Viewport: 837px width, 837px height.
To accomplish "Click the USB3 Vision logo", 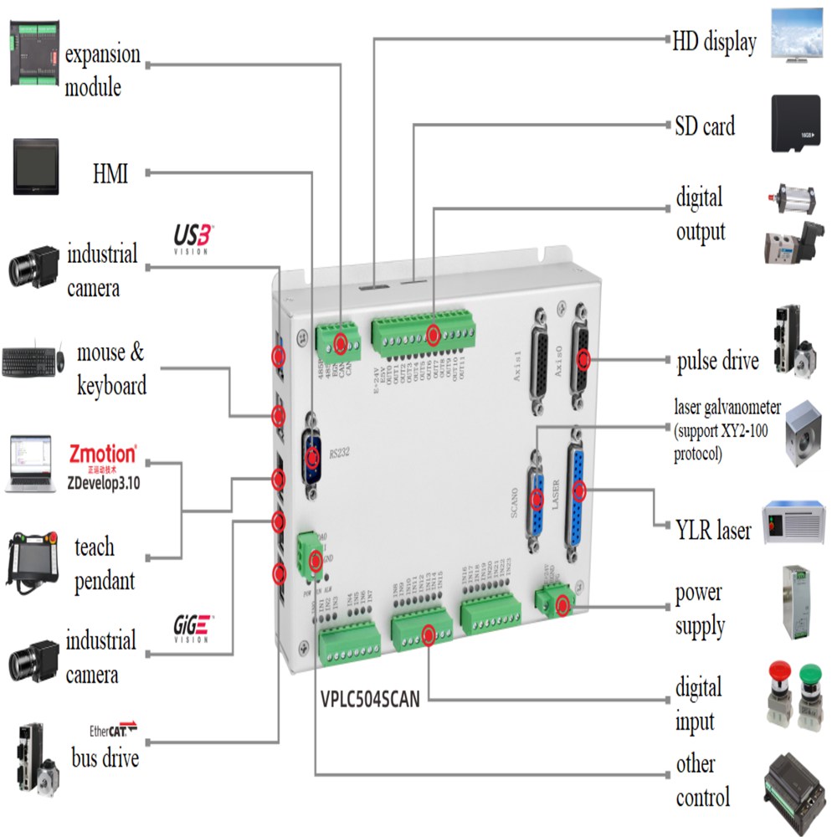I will coord(194,238).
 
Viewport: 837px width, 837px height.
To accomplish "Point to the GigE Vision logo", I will coord(193,629).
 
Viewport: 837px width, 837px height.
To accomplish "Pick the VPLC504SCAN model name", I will coord(370,696).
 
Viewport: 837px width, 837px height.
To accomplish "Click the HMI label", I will coord(110,174).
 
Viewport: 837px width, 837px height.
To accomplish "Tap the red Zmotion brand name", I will coord(102,454).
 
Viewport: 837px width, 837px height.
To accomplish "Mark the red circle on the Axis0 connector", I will coord(583,361).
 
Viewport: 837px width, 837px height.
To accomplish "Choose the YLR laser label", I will coord(713,529).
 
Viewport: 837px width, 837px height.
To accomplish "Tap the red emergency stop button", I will coord(779,671).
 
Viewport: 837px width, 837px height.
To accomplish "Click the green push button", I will coord(809,675).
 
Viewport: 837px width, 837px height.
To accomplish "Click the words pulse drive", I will coord(717,361).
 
